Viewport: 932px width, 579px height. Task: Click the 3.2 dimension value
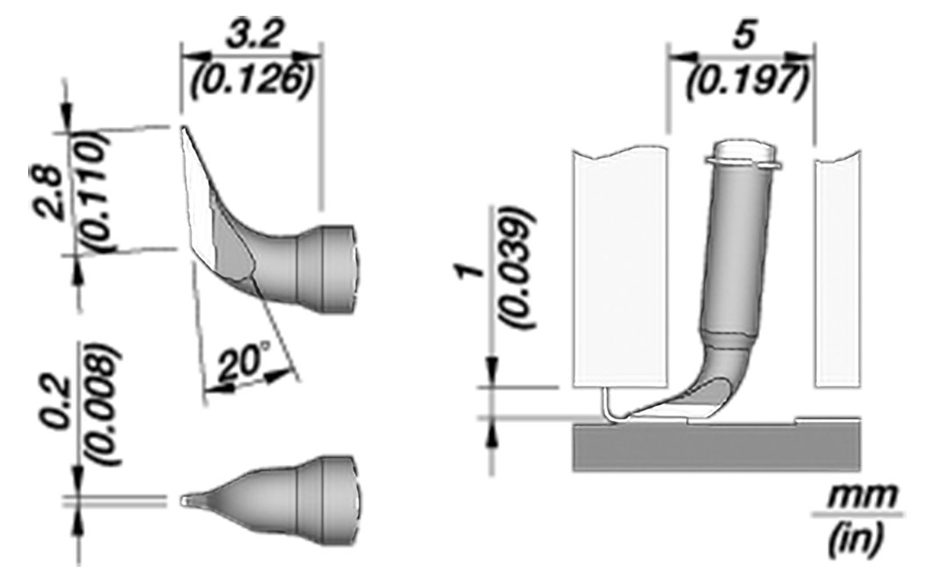pyautogui.click(x=252, y=38)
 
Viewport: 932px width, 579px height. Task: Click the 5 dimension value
pyautogui.click(x=743, y=36)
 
